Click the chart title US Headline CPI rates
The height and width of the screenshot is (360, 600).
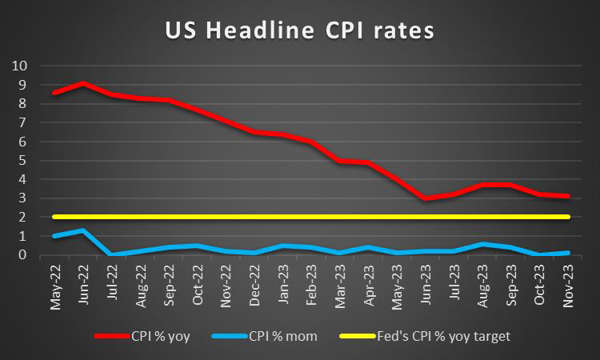[x=300, y=30]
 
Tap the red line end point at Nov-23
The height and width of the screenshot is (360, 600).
[x=566, y=196]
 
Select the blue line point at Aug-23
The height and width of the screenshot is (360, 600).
[x=481, y=244]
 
